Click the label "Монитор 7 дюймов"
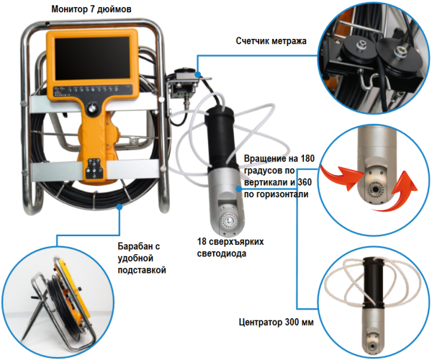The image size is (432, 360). pyautogui.click(x=91, y=9)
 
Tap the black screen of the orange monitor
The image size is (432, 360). pyautogui.click(x=92, y=58)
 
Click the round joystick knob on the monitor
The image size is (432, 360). pyautogui.click(x=91, y=108)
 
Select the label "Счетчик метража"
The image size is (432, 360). pyautogui.click(x=271, y=41)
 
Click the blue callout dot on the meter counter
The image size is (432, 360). pyautogui.click(x=197, y=74)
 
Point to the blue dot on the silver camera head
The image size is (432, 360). pyautogui.click(x=239, y=189)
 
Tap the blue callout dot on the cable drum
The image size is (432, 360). pyautogui.click(x=120, y=207)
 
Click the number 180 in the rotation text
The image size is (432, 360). pyautogui.click(x=307, y=158)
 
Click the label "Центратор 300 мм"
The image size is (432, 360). pyautogui.click(x=276, y=322)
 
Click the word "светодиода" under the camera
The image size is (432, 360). pyautogui.click(x=222, y=253)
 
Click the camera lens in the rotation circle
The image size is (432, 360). pyautogui.click(x=374, y=189)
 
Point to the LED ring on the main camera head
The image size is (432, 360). pyautogui.click(x=228, y=221)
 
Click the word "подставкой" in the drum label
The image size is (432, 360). pyautogui.click(x=142, y=270)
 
